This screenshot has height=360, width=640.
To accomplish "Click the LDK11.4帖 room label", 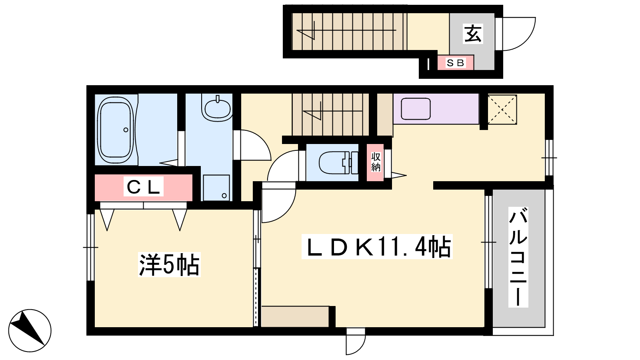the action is tap(377, 247).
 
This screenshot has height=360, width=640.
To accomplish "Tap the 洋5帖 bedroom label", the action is tap(169, 264).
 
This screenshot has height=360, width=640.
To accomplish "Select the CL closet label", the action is tap(143, 186).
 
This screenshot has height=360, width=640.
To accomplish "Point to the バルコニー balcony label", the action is tap(518, 257).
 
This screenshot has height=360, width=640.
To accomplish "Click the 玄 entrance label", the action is tap(473, 34).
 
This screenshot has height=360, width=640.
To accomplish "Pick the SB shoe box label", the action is tap(456, 63).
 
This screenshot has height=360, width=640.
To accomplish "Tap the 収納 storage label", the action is tap(376, 162).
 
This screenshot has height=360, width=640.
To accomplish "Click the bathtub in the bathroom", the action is tap(116, 130).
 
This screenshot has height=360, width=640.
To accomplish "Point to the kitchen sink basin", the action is tap(416, 108).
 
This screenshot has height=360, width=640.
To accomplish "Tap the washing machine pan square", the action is tap(216, 188).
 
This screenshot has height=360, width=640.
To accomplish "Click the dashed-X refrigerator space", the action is tap(502, 110).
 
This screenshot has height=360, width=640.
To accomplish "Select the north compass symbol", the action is tap(30, 330).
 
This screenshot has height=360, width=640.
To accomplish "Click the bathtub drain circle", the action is tap(126, 130).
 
